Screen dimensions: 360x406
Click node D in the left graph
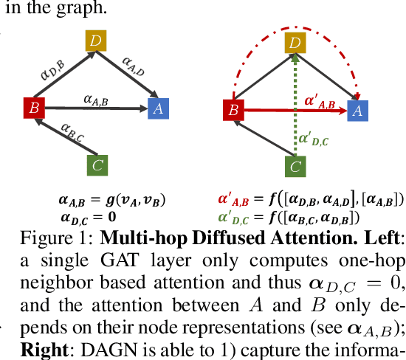(x=95, y=40)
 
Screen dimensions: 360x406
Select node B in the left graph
(x=33, y=109)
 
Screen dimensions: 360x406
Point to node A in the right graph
(x=357, y=111)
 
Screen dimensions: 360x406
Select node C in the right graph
(x=295, y=166)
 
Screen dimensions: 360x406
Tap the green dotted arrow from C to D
(x=295, y=111)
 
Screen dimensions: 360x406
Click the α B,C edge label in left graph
(x=74, y=131)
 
